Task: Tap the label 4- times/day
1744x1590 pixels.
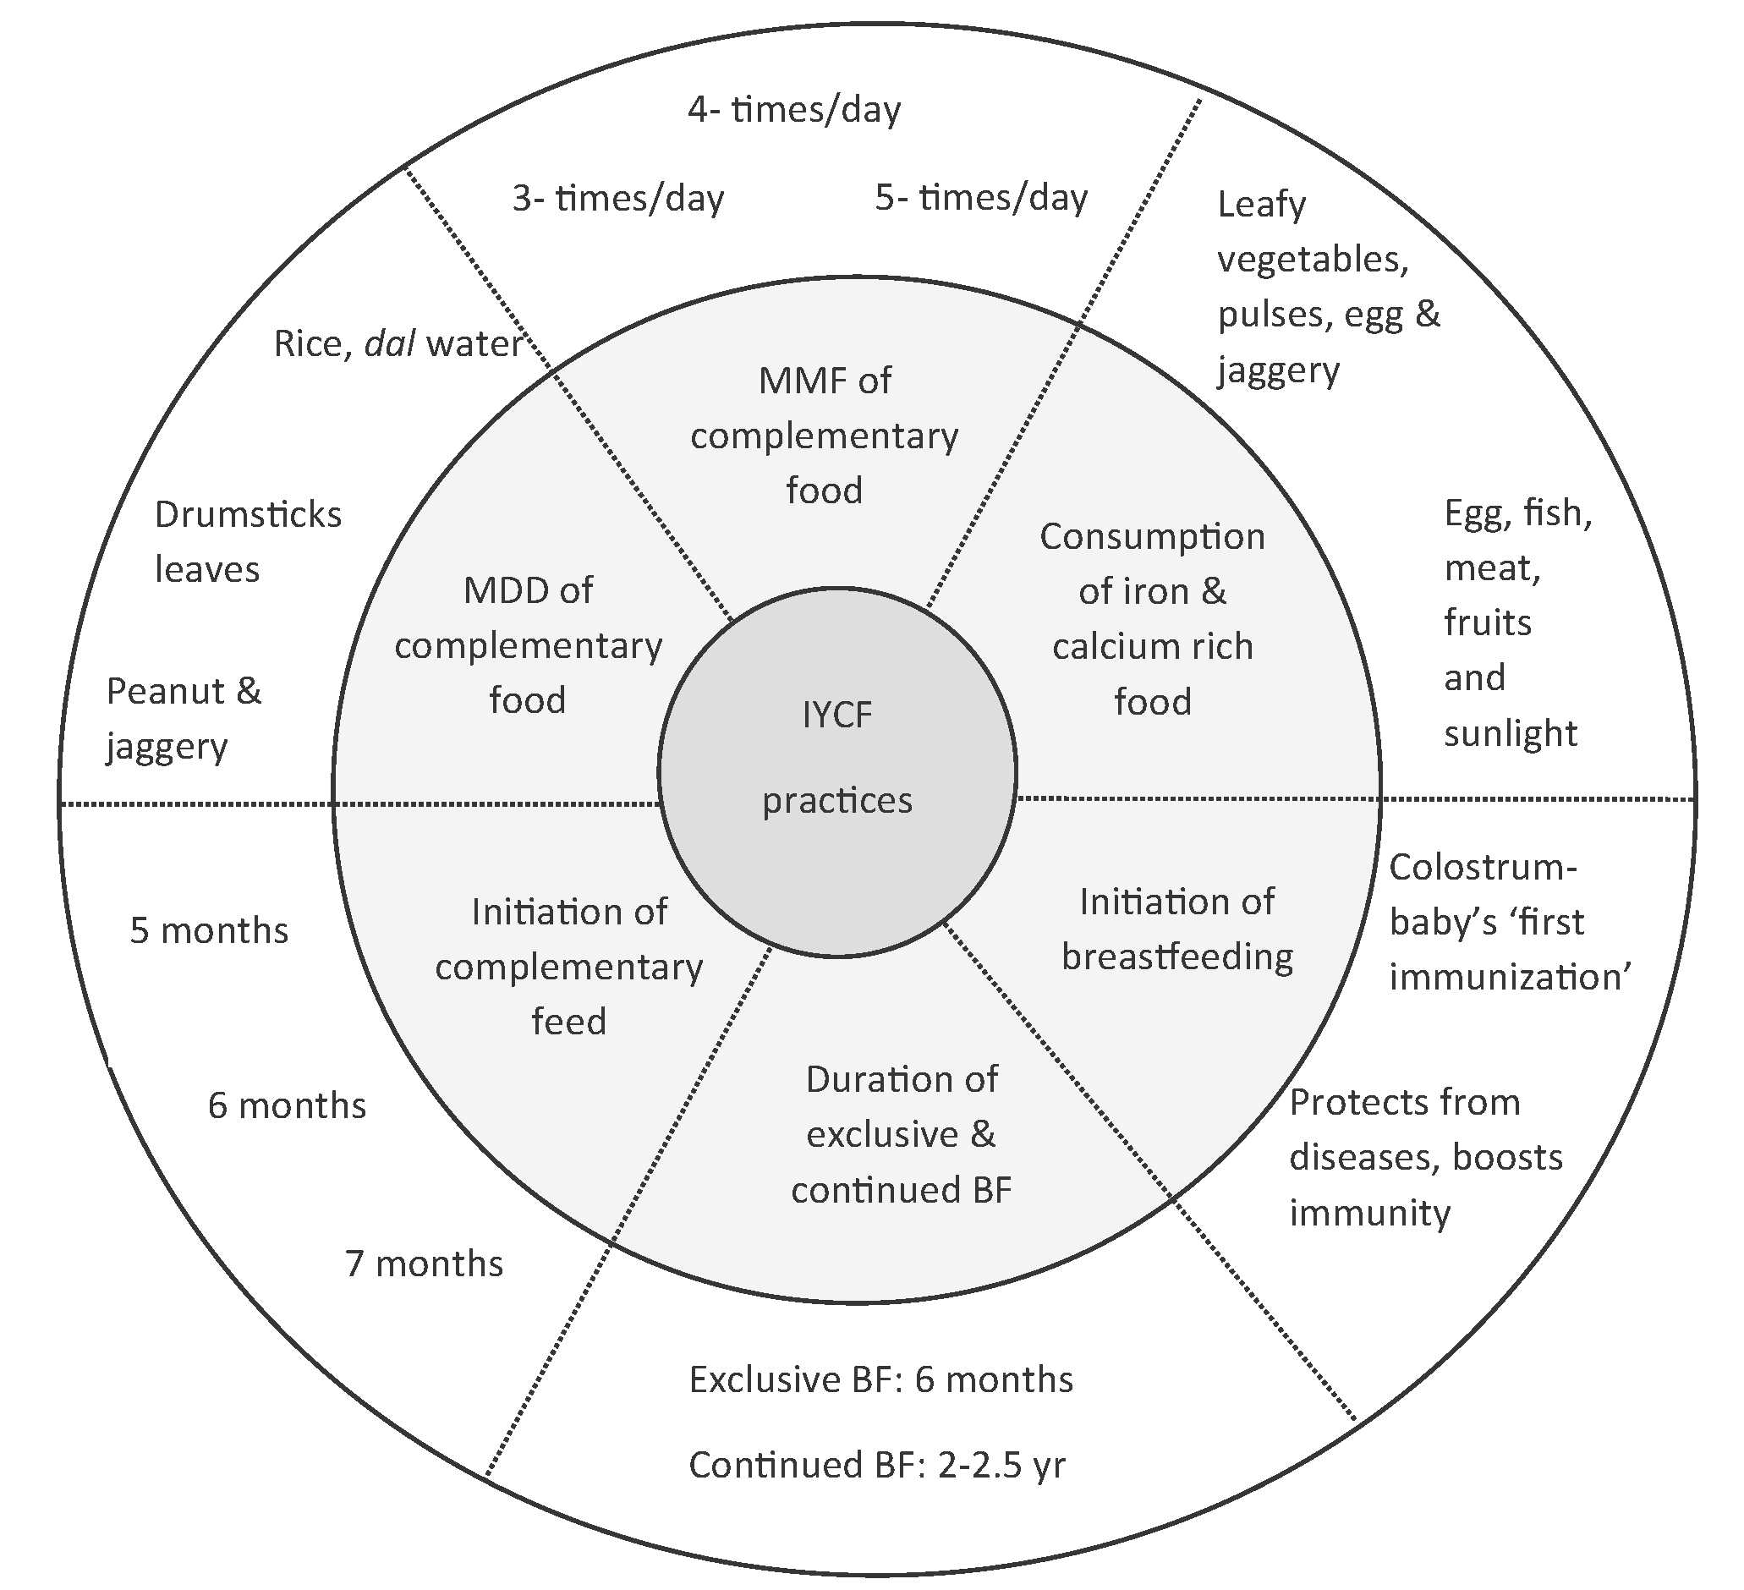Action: [x=794, y=110]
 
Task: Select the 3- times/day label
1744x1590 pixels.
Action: [x=617, y=199]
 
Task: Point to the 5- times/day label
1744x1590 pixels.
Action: [x=981, y=198]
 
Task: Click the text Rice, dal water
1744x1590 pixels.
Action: [x=398, y=344]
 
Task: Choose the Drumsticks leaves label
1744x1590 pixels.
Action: [x=248, y=542]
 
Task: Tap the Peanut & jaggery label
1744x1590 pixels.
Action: [x=184, y=719]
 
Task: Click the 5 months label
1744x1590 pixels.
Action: [x=208, y=930]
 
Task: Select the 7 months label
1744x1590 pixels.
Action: [x=424, y=1264]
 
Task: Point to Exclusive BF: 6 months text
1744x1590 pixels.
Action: [x=880, y=1379]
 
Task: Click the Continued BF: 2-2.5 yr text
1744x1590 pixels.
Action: [x=877, y=1465]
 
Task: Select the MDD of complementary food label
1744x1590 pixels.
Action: [x=528, y=645]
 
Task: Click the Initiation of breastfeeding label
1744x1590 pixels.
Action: [x=1176, y=930]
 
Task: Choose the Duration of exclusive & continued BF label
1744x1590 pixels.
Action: [x=902, y=1134]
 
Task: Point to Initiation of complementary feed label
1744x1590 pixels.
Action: [x=568, y=967]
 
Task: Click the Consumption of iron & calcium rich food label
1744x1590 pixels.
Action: [x=1152, y=618]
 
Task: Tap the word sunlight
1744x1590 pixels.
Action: [x=1511, y=733]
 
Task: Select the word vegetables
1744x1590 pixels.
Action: [x=1313, y=259]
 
